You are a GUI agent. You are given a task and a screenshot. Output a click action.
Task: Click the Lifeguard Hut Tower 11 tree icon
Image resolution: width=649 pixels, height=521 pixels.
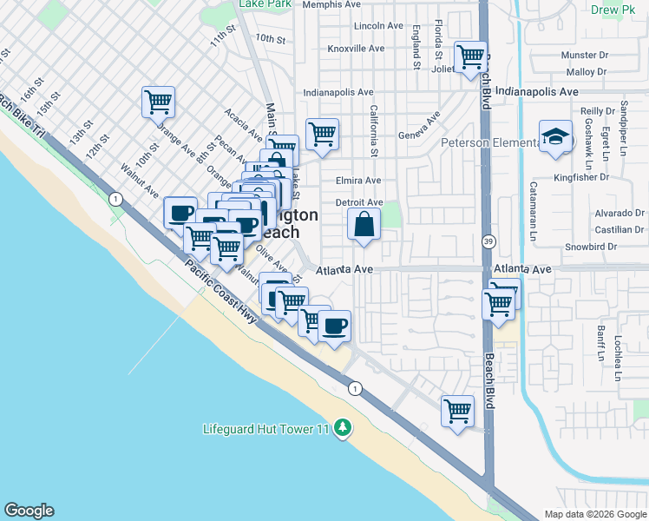(344, 427)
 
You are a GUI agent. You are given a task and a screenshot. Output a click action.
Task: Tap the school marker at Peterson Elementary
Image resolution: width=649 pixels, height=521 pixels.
(555, 137)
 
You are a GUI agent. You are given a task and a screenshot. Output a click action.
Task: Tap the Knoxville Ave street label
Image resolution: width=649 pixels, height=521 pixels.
(356, 49)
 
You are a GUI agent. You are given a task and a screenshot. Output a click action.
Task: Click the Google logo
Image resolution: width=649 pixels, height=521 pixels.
(29, 511)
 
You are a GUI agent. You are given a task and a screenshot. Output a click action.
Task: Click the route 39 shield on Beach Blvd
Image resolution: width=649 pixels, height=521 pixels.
(488, 241)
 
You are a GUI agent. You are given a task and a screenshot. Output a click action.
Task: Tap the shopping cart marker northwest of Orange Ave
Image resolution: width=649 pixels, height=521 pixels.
(159, 103)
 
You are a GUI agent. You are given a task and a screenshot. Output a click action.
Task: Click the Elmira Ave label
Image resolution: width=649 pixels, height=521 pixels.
(358, 181)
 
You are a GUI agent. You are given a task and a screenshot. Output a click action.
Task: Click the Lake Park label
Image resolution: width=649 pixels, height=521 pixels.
(265, 4)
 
